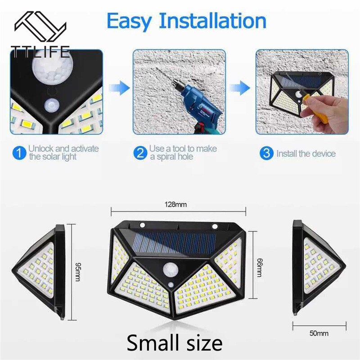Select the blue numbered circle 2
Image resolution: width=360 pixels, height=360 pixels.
pos(140,153)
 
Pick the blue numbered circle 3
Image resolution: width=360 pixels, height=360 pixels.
pos(267,153)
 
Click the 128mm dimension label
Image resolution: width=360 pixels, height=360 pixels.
pos(178,205)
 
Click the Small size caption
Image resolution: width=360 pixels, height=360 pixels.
pos(174,343)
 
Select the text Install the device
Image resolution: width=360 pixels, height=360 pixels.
pos(306,154)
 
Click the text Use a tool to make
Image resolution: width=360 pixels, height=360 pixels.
pos(183,148)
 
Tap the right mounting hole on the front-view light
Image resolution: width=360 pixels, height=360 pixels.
pos(215,226)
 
